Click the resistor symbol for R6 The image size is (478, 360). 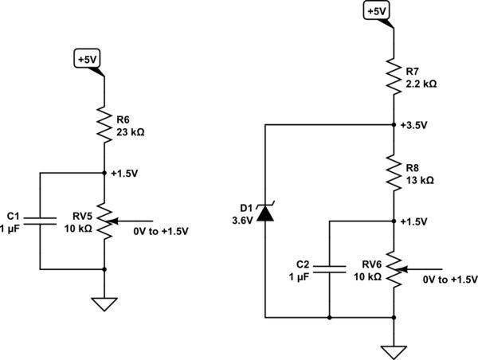click(104, 126)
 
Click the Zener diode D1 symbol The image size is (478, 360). click(263, 213)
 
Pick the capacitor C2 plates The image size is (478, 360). click(328, 270)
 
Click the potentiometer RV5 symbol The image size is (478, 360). click(104, 221)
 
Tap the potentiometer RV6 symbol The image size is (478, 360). click(394, 270)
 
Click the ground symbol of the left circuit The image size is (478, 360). click(104, 303)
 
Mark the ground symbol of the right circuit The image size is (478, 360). click(394, 350)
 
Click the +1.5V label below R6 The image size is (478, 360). click(126, 173)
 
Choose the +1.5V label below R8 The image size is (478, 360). click(415, 221)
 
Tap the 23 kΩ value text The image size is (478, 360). click(130, 132)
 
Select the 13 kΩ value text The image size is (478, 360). click(419, 181)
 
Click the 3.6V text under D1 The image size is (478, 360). click(240, 221)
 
